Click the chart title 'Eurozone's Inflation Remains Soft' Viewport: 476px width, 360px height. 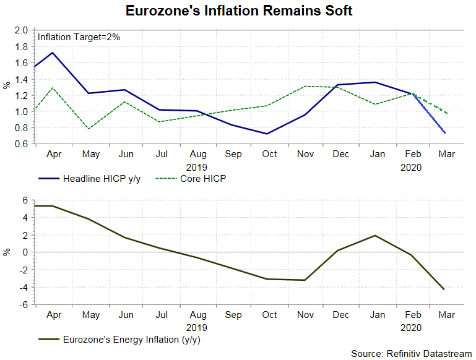[x=239, y=11]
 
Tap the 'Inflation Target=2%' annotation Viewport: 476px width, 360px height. [x=79, y=37]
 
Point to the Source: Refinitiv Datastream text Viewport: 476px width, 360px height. [x=411, y=353]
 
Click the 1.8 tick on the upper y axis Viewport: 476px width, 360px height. [x=22, y=46]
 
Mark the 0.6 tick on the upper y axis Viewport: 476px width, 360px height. [x=22, y=144]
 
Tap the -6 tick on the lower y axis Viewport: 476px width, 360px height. [x=24, y=305]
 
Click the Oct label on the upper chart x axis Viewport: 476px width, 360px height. [x=269, y=155]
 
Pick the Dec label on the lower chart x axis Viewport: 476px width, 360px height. [x=340, y=315]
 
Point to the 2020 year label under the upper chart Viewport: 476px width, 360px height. [x=411, y=166]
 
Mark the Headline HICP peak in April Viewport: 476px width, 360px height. [x=53, y=53]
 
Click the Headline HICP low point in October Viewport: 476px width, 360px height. [x=268, y=134]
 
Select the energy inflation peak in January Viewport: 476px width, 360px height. [x=375, y=236]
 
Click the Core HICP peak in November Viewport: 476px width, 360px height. [x=305, y=86]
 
